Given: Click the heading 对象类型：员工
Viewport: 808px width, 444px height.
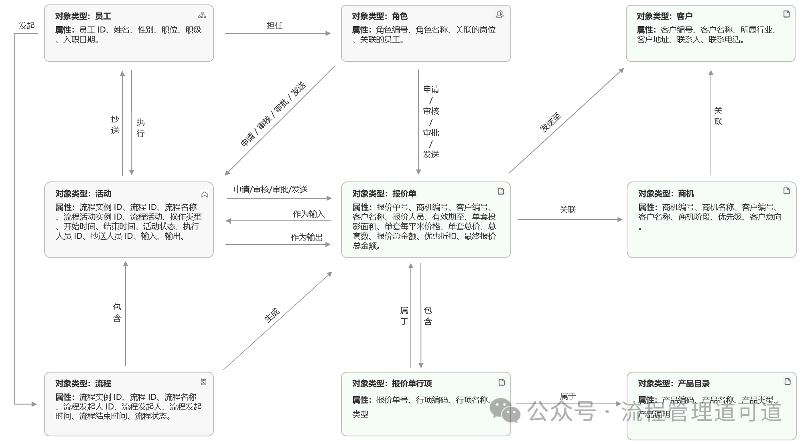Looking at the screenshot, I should click(x=83, y=16).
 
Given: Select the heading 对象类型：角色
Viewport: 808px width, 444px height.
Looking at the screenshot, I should click(x=380, y=16).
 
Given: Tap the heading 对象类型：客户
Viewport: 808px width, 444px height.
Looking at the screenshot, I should click(x=664, y=16).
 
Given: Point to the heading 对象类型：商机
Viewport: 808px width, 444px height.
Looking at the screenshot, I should click(x=666, y=193).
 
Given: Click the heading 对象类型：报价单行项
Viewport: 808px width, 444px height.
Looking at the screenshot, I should click(x=392, y=383).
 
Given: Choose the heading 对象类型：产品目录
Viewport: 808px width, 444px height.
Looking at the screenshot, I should click(x=674, y=383).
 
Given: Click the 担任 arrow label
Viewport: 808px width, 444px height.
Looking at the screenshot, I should click(x=275, y=26).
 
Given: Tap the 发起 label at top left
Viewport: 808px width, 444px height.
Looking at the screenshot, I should click(x=27, y=26).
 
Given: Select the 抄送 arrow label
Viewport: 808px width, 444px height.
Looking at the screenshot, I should click(x=115, y=125).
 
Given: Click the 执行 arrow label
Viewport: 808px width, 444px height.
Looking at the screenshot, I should click(x=140, y=128).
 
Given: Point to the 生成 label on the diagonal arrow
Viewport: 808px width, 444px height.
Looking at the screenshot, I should click(x=272, y=315).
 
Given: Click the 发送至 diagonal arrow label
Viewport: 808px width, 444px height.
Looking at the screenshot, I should click(x=550, y=123).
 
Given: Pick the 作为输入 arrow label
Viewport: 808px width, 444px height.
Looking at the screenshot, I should click(x=309, y=214).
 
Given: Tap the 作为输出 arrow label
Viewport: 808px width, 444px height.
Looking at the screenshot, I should click(x=307, y=237).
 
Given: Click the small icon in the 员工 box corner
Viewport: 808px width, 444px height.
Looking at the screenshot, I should click(x=202, y=15).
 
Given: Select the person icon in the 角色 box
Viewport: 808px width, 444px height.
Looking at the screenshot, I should click(x=499, y=14).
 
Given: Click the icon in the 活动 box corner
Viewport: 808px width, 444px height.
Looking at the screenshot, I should click(x=205, y=195).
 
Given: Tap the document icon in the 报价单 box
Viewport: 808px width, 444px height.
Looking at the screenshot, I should click(x=501, y=191).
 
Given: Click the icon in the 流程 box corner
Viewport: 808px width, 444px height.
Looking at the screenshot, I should click(x=204, y=381).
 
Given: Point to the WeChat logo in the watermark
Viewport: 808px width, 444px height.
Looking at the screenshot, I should click(x=505, y=410).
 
